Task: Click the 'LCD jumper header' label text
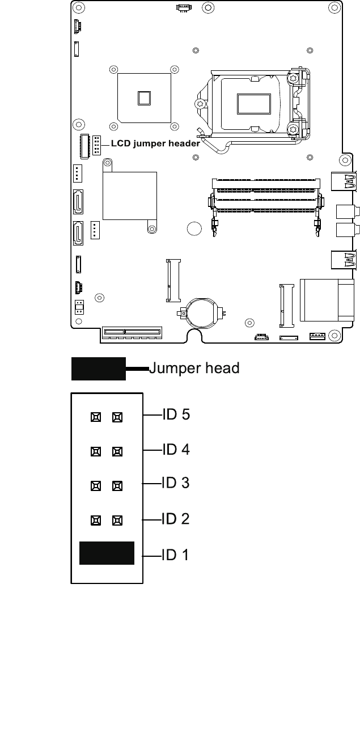(155, 144)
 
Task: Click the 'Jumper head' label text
(194, 369)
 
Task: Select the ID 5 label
(176, 414)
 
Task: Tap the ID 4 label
(176, 450)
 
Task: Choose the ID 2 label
(176, 519)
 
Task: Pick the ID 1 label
(176, 555)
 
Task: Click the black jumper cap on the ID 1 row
(107, 553)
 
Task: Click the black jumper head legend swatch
(98, 369)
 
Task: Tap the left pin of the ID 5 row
(96, 417)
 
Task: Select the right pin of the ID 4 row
(117, 452)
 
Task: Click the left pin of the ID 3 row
(96, 486)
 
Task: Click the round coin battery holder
(202, 312)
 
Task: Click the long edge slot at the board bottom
(132, 331)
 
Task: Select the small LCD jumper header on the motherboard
(97, 146)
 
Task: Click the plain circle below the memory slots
(194, 229)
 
